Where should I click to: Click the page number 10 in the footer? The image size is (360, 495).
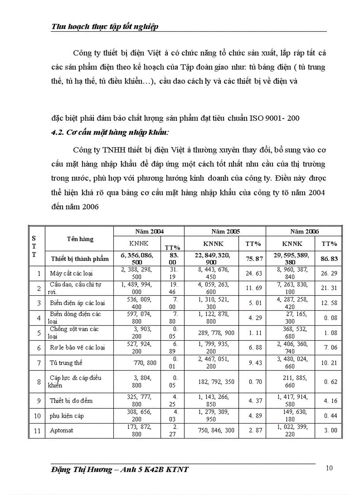click(330, 468)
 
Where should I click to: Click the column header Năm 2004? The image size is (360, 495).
click(149, 231)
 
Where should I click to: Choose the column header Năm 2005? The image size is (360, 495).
click(225, 231)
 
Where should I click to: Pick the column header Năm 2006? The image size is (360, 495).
click(304, 231)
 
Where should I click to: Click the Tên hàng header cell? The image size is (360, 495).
click(80, 239)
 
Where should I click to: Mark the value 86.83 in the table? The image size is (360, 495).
click(329, 259)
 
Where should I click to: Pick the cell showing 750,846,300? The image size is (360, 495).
click(216, 431)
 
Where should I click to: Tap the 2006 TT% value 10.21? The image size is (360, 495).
click(329, 363)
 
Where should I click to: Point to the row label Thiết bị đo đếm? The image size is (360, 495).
click(71, 401)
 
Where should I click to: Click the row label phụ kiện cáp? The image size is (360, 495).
click(67, 416)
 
